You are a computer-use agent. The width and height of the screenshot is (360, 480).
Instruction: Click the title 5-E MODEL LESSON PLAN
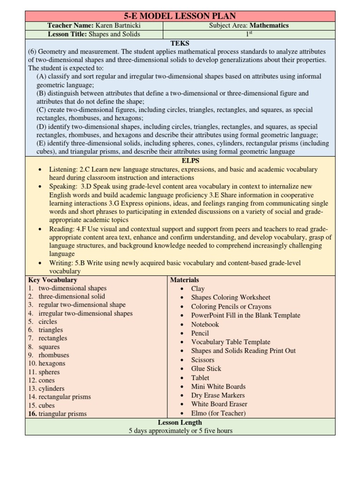(x=180, y=16)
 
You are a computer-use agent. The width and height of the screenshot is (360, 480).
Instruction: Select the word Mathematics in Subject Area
(x=269, y=25)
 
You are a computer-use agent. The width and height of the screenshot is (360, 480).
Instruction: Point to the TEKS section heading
(x=180, y=43)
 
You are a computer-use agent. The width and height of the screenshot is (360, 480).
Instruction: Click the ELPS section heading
(x=180, y=160)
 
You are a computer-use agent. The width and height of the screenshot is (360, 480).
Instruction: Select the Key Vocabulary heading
(x=52, y=280)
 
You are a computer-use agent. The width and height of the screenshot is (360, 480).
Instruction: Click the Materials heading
(x=184, y=280)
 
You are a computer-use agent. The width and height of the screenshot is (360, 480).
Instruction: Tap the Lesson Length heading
(x=180, y=422)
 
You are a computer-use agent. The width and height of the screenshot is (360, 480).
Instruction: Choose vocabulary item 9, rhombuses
(x=53, y=355)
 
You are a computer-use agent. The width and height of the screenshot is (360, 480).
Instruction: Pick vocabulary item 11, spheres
(x=49, y=372)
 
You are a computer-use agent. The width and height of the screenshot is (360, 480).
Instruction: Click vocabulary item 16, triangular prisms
(x=62, y=413)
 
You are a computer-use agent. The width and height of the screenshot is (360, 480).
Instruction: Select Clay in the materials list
(x=198, y=289)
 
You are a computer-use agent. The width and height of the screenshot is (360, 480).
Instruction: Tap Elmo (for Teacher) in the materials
(x=218, y=413)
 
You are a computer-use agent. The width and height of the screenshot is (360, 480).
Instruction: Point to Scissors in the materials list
(x=202, y=360)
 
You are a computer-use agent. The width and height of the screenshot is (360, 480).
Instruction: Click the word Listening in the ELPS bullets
(x=63, y=169)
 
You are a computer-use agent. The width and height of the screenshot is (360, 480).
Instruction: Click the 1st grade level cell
(x=248, y=34)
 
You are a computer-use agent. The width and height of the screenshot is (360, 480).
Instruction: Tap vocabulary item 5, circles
(x=48, y=322)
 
